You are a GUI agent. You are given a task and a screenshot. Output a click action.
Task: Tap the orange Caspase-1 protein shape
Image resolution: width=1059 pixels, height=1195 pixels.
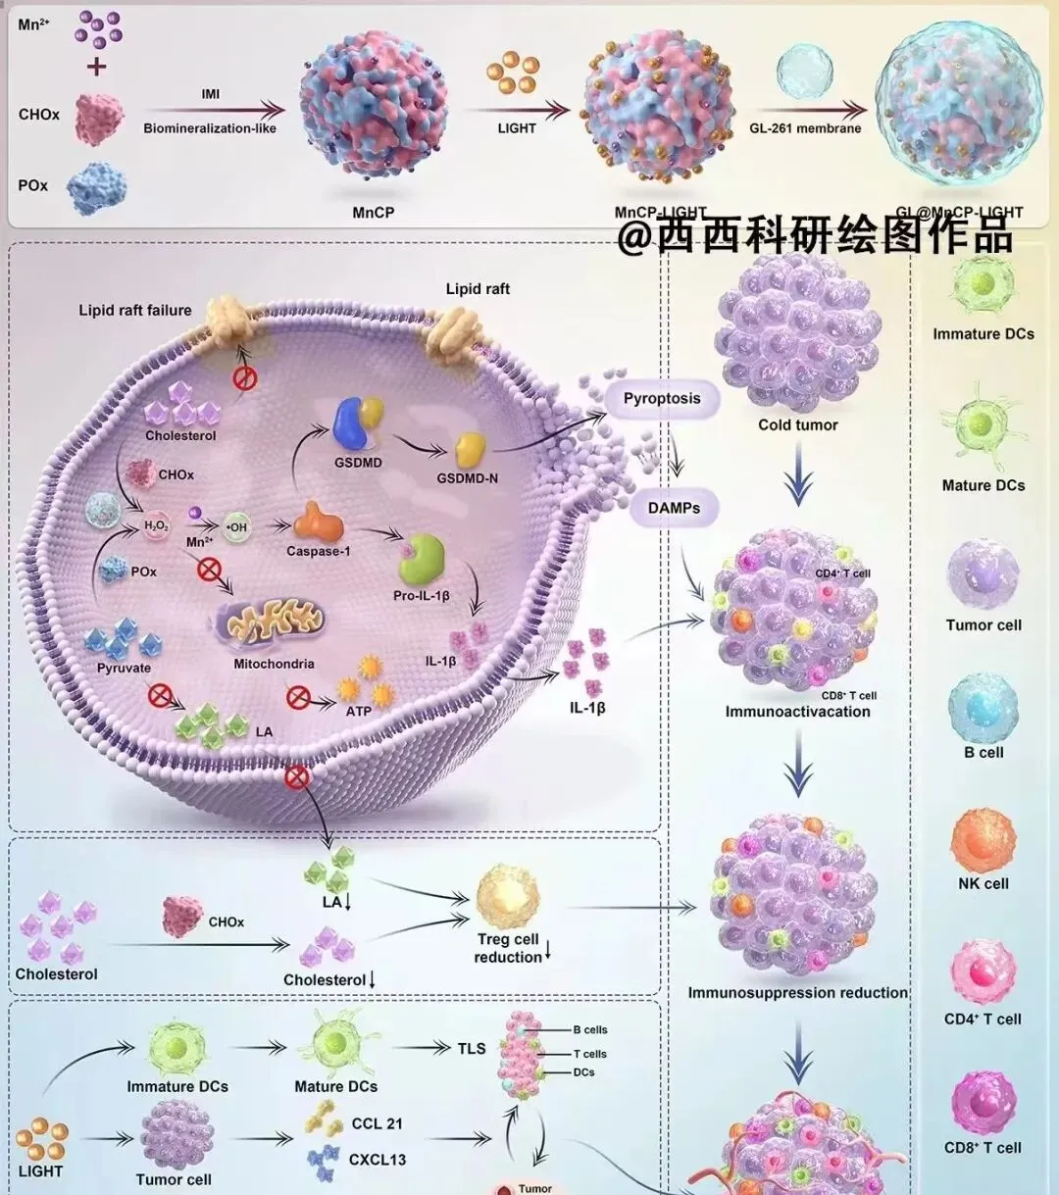click(x=318, y=523)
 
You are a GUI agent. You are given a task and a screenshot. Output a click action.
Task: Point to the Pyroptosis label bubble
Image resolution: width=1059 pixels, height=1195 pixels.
click(x=662, y=399)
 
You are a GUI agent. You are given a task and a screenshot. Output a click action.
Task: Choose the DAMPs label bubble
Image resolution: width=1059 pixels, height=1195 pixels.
click(x=674, y=508)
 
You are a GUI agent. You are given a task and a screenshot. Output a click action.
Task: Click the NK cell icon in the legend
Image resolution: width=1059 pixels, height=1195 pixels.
click(x=983, y=841)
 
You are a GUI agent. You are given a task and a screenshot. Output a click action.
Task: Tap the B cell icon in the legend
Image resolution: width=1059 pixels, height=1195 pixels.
click(x=983, y=709)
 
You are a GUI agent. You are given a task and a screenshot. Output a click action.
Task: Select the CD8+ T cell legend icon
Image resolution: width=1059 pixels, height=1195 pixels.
click(x=983, y=1104)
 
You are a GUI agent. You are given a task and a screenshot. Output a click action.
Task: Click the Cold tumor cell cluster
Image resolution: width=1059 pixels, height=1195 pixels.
click(x=797, y=333)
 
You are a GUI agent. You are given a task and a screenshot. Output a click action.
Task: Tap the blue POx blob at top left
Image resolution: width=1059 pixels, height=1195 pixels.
click(x=96, y=189)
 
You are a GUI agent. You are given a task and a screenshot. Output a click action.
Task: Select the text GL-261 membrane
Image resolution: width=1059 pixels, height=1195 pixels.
click(x=805, y=128)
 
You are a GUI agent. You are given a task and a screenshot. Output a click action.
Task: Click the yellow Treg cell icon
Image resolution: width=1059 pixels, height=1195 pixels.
click(x=507, y=896)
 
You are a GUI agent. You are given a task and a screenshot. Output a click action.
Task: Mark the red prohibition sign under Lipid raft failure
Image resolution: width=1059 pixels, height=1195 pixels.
click(x=244, y=376)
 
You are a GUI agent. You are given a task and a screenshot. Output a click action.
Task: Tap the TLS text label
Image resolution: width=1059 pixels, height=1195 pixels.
click(x=472, y=1049)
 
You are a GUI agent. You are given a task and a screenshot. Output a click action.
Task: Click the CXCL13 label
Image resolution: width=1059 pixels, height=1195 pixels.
click(x=377, y=1160)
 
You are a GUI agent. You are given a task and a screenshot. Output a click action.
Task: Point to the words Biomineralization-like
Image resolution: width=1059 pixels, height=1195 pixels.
click(x=210, y=128)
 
